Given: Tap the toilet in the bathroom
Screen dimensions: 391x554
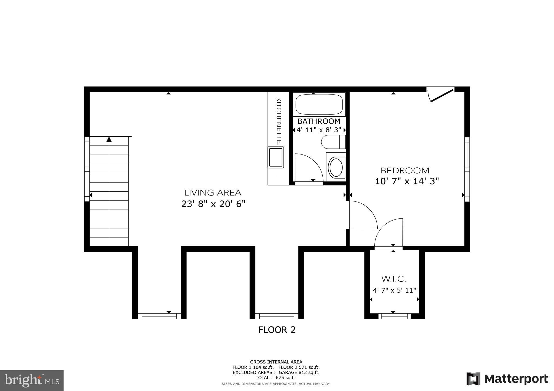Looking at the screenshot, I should [x=333, y=142].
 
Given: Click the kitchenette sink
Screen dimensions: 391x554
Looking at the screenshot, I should [x=276, y=157].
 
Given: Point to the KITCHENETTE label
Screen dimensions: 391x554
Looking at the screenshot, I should [x=279, y=121].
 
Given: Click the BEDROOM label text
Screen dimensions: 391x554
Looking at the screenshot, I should [x=405, y=171].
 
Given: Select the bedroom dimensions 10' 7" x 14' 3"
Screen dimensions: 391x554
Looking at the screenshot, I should [x=407, y=181].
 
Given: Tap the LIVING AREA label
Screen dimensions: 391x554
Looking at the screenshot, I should [x=213, y=193].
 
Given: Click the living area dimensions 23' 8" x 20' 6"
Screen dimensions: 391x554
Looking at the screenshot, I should [x=213, y=204].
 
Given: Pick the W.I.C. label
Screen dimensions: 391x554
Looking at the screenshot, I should [x=394, y=279].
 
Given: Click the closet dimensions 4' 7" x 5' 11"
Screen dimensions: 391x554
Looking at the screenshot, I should [x=394, y=291].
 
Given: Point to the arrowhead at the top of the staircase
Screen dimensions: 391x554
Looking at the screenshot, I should [x=109, y=139].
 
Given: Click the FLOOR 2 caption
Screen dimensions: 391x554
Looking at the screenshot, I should [x=277, y=330].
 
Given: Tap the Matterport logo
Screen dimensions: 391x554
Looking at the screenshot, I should [x=507, y=379].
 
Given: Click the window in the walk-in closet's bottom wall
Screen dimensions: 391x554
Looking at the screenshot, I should [x=394, y=316].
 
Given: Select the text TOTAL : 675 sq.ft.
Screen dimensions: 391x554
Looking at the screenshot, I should [x=276, y=378].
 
